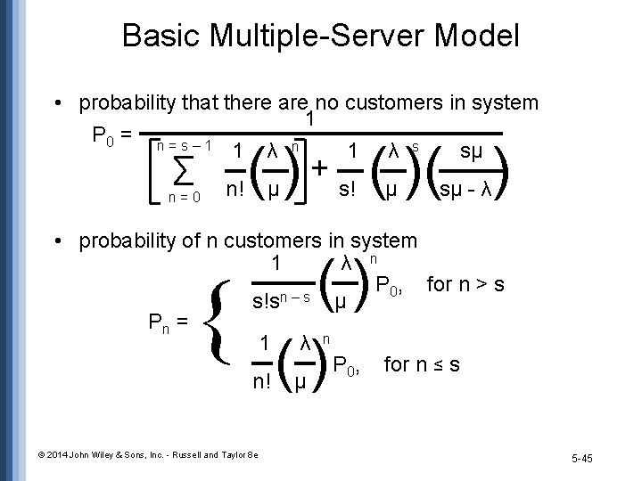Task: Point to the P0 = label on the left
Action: pos(112,135)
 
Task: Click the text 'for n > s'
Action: pos(466,285)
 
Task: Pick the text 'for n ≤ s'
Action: pos(422,364)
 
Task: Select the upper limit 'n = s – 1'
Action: pos(183,143)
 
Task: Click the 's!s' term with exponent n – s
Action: pos(279,299)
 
